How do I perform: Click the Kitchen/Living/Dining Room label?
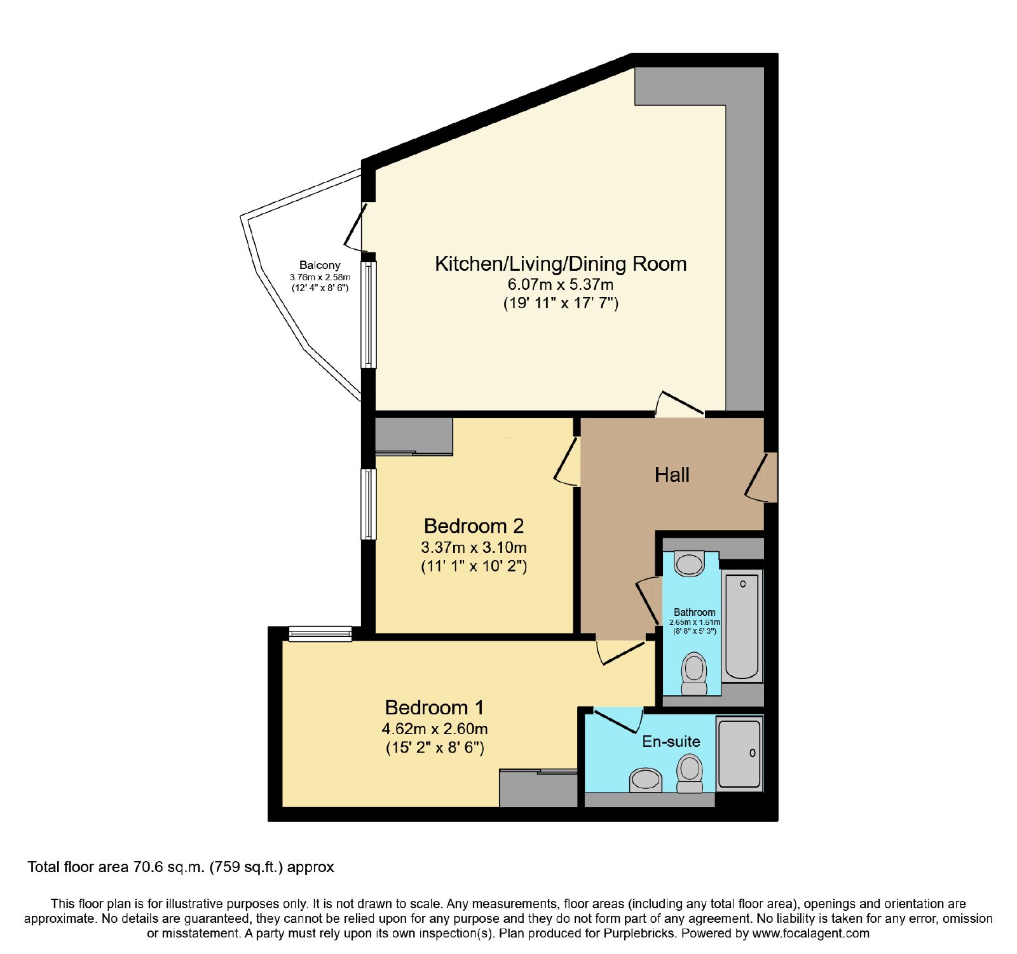point(561,264)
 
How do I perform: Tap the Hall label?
point(672,475)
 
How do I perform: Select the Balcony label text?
point(320,265)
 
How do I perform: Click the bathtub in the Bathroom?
point(742,626)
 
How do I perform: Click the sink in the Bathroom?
point(689,563)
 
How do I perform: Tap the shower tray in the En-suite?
point(739,754)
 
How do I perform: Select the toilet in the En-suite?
point(690,773)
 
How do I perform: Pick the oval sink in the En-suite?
point(646,779)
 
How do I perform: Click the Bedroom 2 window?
point(369,504)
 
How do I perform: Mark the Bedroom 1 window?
point(320,634)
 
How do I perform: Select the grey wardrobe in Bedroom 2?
point(414,436)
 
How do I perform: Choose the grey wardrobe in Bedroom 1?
point(538,789)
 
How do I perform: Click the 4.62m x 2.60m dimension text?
point(435,728)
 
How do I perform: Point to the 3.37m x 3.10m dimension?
point(474,547)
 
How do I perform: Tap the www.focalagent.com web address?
point(810,934)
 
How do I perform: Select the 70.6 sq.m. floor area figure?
point(168,867)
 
